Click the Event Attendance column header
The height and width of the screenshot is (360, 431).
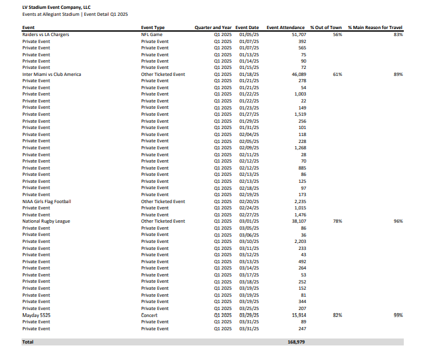287,28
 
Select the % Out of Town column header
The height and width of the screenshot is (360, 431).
326,28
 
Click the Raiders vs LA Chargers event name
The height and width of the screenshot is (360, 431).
46,34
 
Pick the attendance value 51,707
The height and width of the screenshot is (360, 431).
298,34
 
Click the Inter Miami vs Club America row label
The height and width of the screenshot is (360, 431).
52,74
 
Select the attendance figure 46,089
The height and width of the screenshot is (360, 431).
298,74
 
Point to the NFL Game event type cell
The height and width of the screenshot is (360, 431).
152,34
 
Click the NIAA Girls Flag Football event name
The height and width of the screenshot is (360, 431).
47,201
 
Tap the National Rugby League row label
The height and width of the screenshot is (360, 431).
46,221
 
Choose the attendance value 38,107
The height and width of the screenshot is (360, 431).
298,221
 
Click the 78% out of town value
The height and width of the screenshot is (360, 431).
337,221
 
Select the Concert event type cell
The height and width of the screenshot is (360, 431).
149,315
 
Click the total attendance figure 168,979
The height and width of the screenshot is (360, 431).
297,342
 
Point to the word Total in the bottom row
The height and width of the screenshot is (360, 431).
28,342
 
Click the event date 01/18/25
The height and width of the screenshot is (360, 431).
249,74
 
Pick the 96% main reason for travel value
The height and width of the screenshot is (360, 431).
398,221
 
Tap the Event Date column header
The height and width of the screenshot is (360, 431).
247,28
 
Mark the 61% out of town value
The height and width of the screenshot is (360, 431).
337,74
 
